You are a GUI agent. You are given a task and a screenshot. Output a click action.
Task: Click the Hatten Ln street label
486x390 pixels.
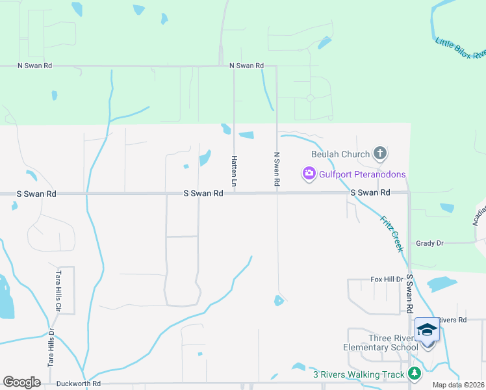234,172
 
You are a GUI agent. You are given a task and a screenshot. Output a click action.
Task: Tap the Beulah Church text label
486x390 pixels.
340,154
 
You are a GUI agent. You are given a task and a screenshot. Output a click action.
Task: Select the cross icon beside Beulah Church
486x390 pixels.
380,154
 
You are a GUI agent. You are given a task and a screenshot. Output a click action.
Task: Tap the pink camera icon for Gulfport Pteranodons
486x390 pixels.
308,174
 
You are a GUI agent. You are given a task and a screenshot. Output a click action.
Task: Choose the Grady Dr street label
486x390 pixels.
429,242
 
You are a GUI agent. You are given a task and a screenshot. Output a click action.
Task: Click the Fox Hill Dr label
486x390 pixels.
387,279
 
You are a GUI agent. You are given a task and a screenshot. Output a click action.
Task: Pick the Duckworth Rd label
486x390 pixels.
78,383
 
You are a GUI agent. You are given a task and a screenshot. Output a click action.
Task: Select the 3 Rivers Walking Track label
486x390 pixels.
359,374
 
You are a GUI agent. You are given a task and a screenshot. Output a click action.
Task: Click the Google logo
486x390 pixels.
22,382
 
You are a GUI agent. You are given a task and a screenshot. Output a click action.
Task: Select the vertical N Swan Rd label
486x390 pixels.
277,170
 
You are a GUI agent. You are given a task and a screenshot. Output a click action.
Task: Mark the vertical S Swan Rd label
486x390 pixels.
409,293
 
